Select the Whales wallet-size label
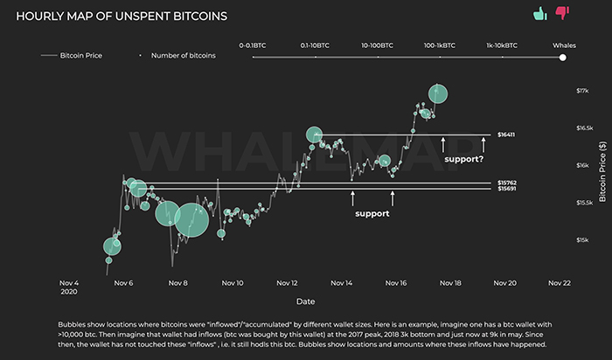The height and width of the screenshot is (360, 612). (x=564, y=43)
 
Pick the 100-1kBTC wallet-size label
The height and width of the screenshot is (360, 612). (x=440, y=43)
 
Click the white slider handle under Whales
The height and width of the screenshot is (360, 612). (x=563, y=58)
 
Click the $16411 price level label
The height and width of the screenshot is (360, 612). (x=506, y=135)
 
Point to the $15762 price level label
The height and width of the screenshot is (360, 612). (x=506, y=183)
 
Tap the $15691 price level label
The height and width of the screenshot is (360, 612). (x=506, y=189)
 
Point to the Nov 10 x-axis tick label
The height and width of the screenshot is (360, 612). (x=233, y=283)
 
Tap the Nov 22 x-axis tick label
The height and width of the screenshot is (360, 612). (x=559, y=283)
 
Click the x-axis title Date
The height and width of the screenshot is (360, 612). (x=305, y=301)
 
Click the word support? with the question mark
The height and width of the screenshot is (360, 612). (x=463, y=160)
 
